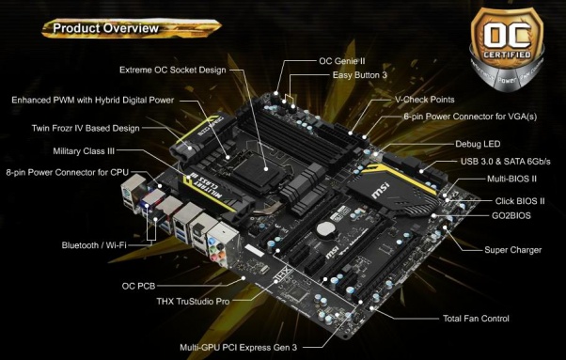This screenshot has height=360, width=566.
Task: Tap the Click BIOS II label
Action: pyautogui.click(x=520, y=200)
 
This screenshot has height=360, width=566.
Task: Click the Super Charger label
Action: pyautogui.click(x=509, y=251)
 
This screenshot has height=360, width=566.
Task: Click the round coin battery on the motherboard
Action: pyautogui.click(x=324, y=227)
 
